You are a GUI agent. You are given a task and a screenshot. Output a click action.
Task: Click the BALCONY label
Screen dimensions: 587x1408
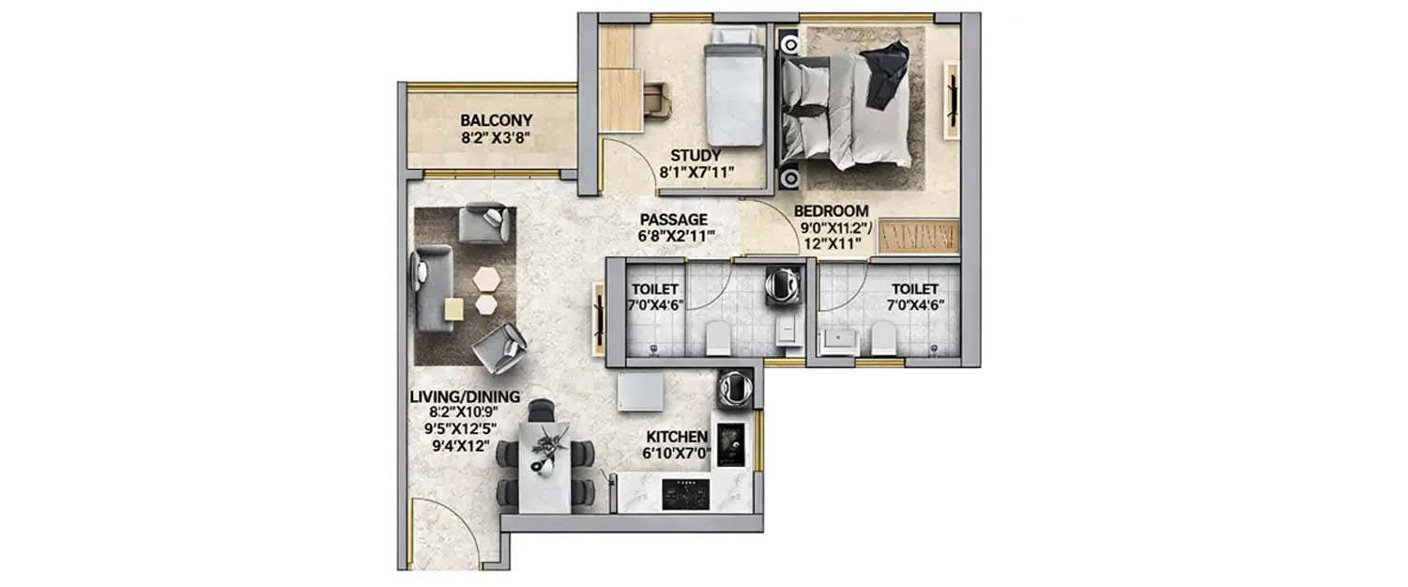tap(496, 120)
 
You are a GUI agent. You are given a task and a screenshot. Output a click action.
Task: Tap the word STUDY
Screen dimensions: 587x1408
tap(695, 155)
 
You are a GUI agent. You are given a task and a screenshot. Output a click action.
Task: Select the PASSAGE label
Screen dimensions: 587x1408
tap(675, 220)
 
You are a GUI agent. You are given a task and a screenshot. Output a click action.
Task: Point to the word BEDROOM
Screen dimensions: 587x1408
tap(831, 211)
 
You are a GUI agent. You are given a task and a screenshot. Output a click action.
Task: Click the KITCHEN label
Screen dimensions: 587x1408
tap(676, 437)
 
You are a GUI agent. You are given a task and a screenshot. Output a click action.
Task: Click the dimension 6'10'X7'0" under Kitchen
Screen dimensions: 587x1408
tap(676, 454)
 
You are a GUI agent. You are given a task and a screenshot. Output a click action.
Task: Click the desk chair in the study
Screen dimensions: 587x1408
tap(658, 100)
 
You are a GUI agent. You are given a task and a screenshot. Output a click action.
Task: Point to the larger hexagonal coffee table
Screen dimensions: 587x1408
tap(487, 279)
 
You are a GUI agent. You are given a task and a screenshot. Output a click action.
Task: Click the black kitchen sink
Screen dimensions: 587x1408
tap(730, 444)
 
